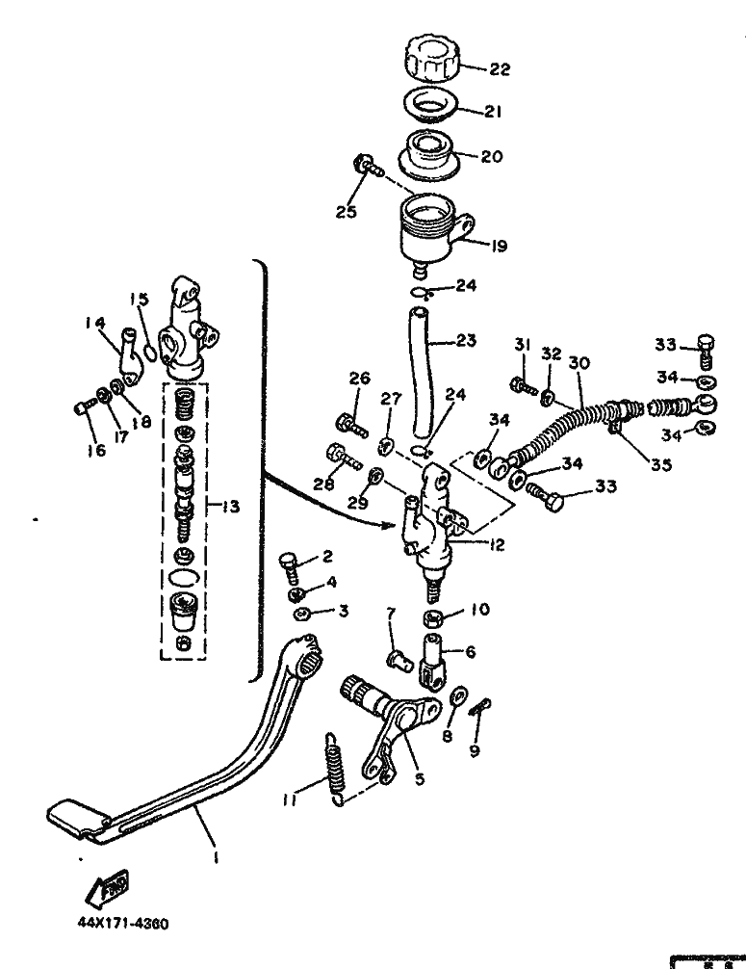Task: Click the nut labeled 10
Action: (x=434, y=617)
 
